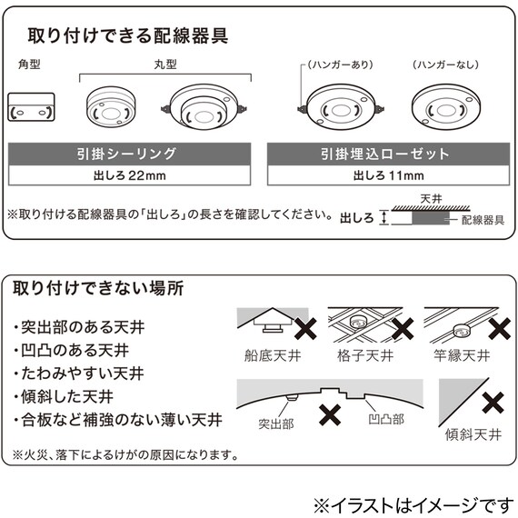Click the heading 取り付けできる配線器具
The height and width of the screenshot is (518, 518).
(128, 37)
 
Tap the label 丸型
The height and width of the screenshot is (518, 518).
(164, 67)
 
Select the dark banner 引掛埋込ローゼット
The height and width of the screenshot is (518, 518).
(384, 154)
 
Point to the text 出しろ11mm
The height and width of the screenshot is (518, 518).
(384, 174)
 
